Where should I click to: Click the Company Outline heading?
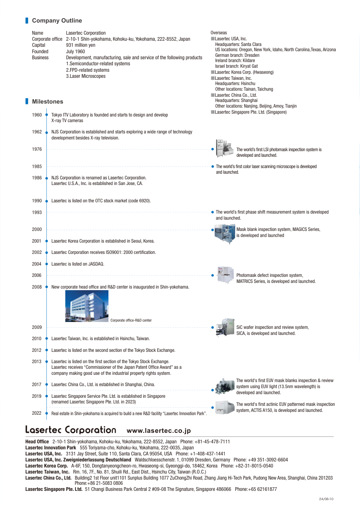click(x=57, y=21)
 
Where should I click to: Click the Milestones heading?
click(x=47, y=102)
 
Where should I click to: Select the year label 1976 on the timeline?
click(x=37, y=149)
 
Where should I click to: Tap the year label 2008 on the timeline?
click(x=37, y=287)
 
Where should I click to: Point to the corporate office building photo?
click(x=87, y=306)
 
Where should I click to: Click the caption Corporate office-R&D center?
click(x=131, y=320)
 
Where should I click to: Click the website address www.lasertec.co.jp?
click(x=158, y=431)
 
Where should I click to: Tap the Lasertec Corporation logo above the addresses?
click(x=71, y=430)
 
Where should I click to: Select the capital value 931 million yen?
click(x=81, y=45)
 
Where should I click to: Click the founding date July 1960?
click(x=75, y=52)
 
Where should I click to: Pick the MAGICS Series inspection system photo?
click(x=225, y=234)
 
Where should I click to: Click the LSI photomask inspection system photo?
click(x=225, y=149)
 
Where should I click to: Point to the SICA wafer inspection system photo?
click(x=225, y=327)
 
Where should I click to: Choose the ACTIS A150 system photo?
click(x=225, y=407)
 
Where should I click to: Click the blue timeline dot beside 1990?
click(x=47, y=201)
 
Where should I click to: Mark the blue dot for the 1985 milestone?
click(x=212, y=166)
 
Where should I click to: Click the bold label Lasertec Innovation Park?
click(x=51, y=448)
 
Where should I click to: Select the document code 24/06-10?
click(x=326, y=499)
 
